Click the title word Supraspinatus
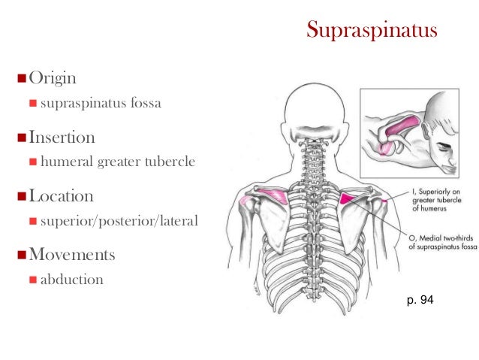click(x=372, y=32)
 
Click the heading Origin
click(x=52, y=78)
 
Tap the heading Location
click(x=61, y=196)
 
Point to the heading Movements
click(x=72, y=255)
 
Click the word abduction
click(x=71, y=280)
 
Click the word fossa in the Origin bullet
click(x=143, y=103)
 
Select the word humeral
click(x=65, y=162)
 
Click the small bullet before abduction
click(x=33, y=280)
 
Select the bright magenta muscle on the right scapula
click(x=350, y=199)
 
